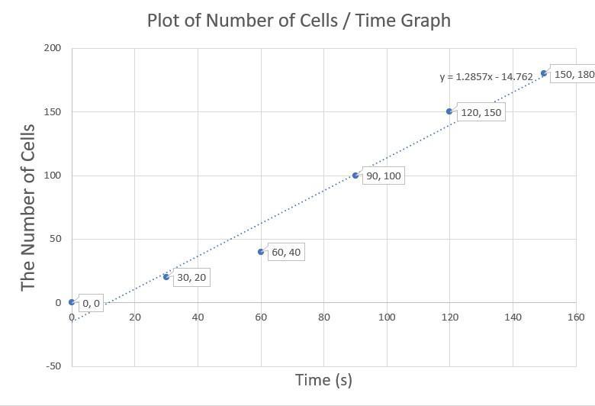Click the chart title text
point(298,21)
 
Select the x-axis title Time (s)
point(323,379)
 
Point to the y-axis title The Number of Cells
point(28,207)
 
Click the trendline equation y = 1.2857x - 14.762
point(486,76)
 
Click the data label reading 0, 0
point(91,303)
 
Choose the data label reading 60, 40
point(286,252)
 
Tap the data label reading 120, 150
point(481,112)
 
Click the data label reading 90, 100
point(383,176)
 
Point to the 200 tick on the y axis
point(52,48)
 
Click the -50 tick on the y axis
point(53,366)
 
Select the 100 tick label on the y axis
point(52,176)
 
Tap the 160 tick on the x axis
point(576,317)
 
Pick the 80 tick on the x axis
point(323,317)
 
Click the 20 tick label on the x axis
point(135,317)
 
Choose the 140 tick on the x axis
point(513,317)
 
